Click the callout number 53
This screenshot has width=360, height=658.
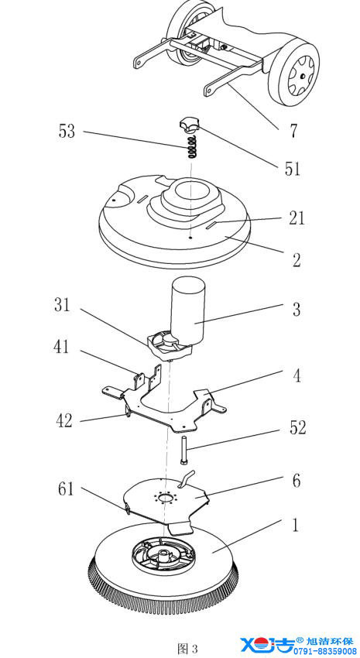pos(67,131)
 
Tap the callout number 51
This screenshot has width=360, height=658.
pos(292,168)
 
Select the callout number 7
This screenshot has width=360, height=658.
pos(293,132)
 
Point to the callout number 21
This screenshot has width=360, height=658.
pos(297,218)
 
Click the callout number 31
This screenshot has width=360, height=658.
pos(62,305)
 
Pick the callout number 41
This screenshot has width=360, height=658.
pos(61,347)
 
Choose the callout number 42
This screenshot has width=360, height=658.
pos(64,420)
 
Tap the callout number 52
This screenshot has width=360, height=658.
pos(298,427)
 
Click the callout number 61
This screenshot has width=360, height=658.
pos(66,489)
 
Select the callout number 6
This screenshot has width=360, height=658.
pos(297,481)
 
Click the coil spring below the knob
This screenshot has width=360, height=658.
pos(192,147)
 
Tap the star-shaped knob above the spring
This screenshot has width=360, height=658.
pos(188,125)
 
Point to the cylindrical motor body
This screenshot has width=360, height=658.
pos(187,308)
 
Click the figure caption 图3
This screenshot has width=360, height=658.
pos(187,649)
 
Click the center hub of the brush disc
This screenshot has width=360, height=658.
pos(163,556)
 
